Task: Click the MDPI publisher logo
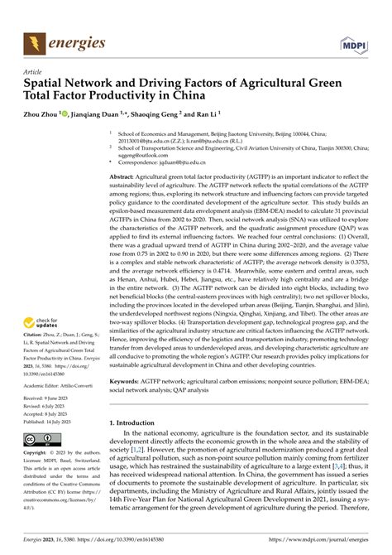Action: click(x=353, y=41)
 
